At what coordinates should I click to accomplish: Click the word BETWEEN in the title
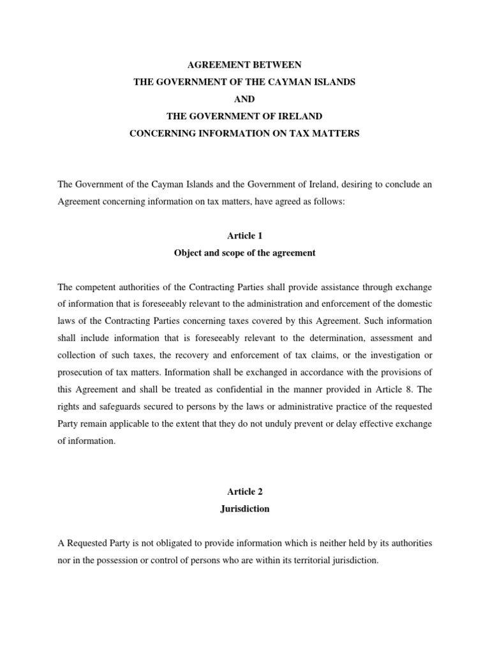(274, 66)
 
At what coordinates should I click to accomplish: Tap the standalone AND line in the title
(245, 99)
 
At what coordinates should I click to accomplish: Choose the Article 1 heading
(245, 236)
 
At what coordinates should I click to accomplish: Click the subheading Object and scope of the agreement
(245, 253)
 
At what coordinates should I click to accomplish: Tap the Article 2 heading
(245, 492)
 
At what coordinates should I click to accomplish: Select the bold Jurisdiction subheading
(245, 509)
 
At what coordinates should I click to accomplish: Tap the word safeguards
(113, 406)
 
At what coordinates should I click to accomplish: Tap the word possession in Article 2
(131, 561)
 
